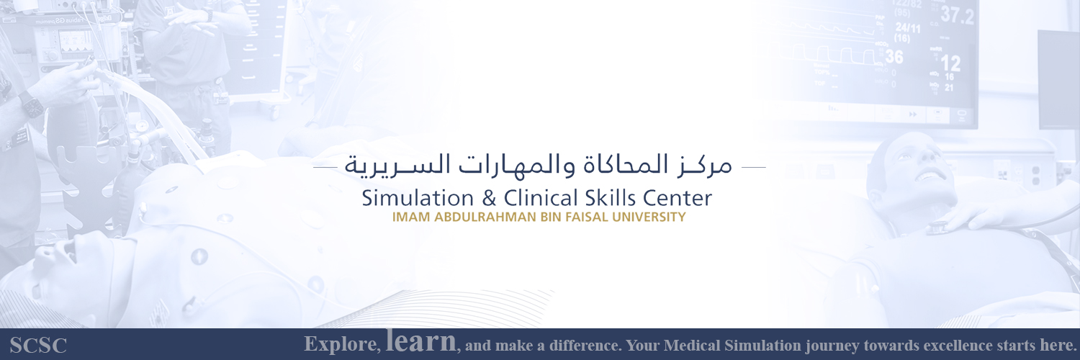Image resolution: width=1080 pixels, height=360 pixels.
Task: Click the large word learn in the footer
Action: point(421,341)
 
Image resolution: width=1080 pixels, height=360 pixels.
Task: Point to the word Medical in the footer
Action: point(693,346)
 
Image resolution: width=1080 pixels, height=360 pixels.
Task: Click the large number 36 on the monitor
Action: point(894,56)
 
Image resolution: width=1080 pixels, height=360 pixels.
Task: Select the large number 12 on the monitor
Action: point(950,63)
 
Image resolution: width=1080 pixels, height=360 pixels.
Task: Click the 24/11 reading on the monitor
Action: point(906,27)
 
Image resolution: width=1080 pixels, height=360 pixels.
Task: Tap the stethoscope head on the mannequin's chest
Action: point(936,228)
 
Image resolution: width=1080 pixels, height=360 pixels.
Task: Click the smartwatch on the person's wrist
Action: point(31,106)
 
